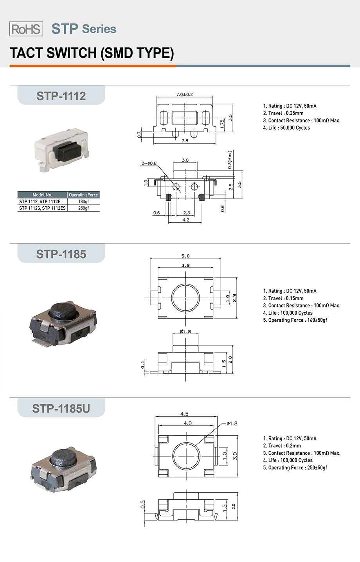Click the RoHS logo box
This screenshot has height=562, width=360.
pos(26,29)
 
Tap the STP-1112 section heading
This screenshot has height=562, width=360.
pos(61,96)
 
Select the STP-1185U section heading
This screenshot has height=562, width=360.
pos(61,408)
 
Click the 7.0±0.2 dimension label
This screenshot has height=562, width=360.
pos(185,94)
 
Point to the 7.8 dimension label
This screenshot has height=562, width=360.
pos(185,141)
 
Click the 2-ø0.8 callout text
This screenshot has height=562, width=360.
pos(149,163)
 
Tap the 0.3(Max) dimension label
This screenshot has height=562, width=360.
pos(230,160)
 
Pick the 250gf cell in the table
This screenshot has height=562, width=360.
pos(83,208)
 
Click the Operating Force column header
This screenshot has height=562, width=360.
pos(83,195)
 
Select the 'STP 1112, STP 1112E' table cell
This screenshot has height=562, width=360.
pos(40,202)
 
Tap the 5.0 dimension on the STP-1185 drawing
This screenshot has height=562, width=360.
pos(185,256)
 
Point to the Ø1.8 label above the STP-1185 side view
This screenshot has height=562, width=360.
pos(185,331)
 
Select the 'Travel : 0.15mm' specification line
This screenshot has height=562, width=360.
pos(283,298)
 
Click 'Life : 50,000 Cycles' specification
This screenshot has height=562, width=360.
pos(286,128)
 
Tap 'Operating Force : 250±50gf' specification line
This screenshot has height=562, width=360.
pos(295,468)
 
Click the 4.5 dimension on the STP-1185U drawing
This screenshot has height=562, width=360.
pos(184,414)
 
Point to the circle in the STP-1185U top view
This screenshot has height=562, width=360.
pos(186,456)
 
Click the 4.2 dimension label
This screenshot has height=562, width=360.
pos(186,220)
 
